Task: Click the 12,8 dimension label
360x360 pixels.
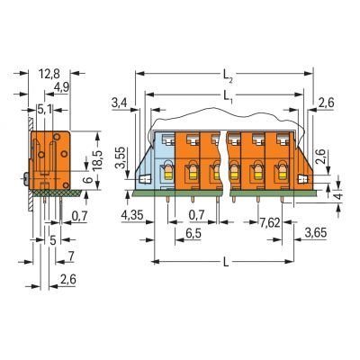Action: point(49,74)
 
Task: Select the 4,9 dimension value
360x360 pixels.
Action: point(61,87)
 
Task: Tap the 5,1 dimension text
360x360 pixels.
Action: point(45,110)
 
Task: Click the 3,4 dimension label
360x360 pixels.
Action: point(119,103)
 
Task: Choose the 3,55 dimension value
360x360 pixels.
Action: point(121,158)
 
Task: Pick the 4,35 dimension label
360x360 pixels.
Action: point(132,215)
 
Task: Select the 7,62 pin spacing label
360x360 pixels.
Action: point(270,222)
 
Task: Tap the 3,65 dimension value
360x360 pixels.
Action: point(315,233)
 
